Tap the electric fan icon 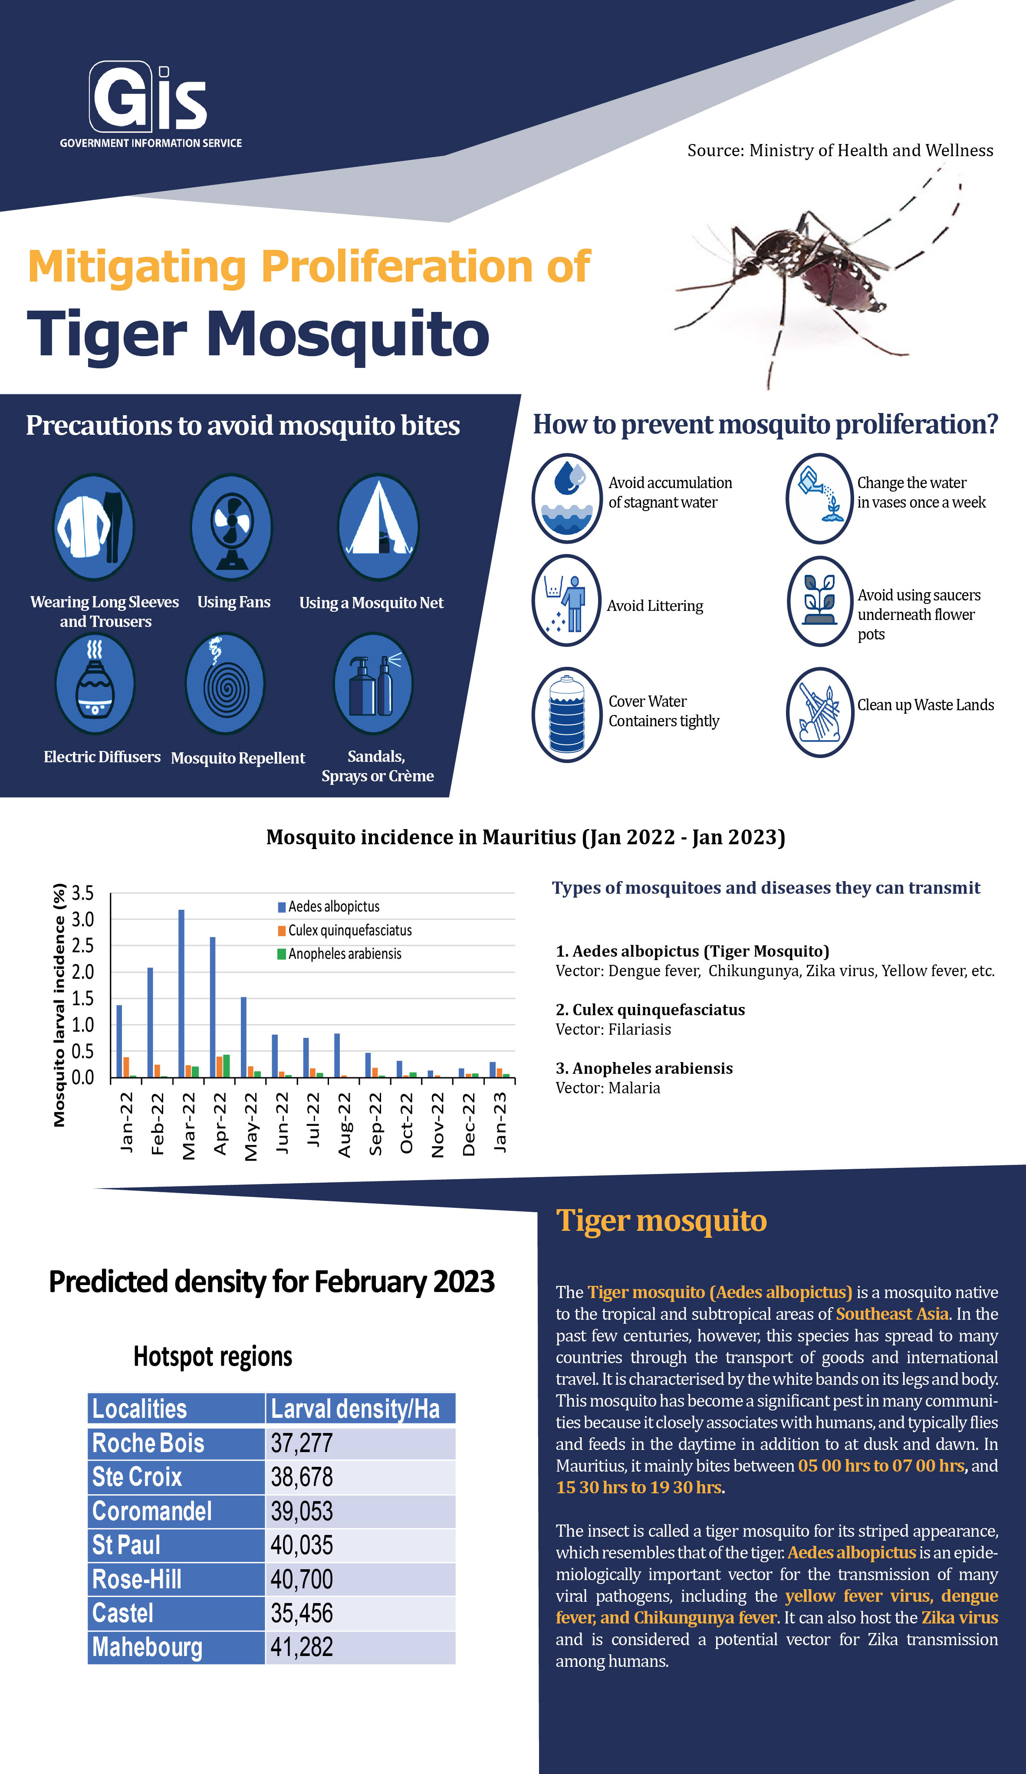(x=232, y=527)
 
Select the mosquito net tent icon (x=378, y=527)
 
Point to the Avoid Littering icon (x=566, y=600)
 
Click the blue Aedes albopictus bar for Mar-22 (x=182, y=993)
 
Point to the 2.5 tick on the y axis (x=82, y=945)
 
